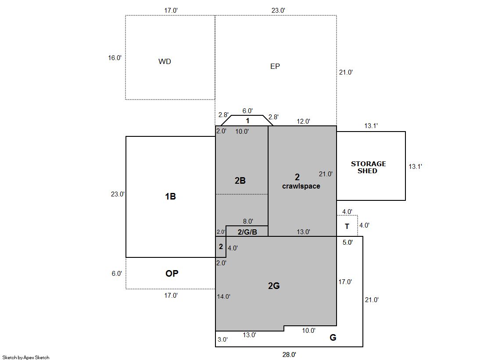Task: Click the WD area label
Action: (165, 61)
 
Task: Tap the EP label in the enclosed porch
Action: (275, 66)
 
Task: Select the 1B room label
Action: (170, 196)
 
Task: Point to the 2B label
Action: (240, 181)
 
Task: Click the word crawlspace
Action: (301, 186)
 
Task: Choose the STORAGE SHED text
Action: (368, 167)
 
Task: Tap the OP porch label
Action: (172, 274)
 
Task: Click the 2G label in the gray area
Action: (274, 286)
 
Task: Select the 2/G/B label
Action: (247, 232)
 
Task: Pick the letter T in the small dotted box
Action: (347, 226)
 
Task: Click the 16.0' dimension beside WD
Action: (115, 58)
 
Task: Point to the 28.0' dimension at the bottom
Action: (289, 355)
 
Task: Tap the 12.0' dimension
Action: (304, 121)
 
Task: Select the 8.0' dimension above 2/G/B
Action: (248, 221)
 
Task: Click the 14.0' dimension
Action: (224, 296)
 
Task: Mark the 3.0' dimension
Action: (222, 339)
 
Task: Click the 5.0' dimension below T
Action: (348, 242)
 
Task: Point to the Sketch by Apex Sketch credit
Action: (26, 357)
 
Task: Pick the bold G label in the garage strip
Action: (333, 338)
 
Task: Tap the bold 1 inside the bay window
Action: (247, 121)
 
